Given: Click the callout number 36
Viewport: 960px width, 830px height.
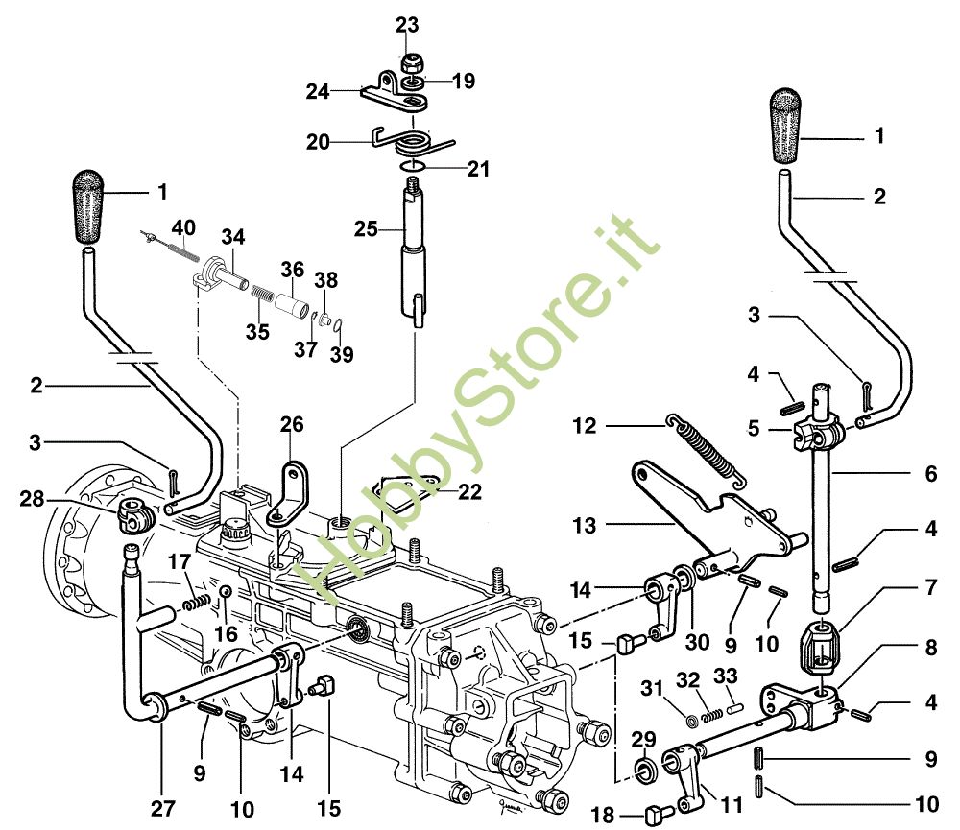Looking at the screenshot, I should pos(292,271).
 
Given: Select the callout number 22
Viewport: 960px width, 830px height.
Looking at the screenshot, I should pos(469,491).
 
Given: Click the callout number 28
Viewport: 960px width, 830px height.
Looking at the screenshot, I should pos(32,498).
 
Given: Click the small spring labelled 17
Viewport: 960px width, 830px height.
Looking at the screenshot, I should pos(195,603).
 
